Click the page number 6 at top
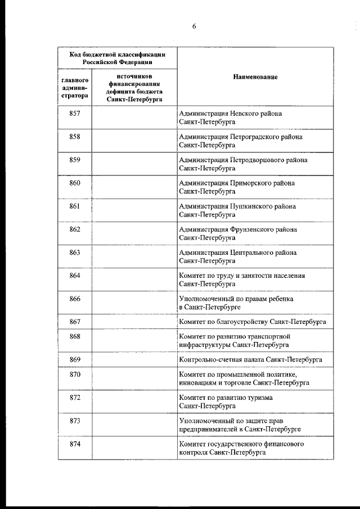pyautogui.click(x=193, y=26)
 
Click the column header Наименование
pyautogui.click(x=255, y=76)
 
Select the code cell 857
pyautogui.click(x=75, y=114)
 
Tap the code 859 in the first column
pyautogui.click(x=75, y=160)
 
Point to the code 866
pyautogui.click(x=75, y=299)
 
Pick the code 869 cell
pyautogui.click(x=75, y=359)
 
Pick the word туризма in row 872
pyautogui.click(x=260, y=398)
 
